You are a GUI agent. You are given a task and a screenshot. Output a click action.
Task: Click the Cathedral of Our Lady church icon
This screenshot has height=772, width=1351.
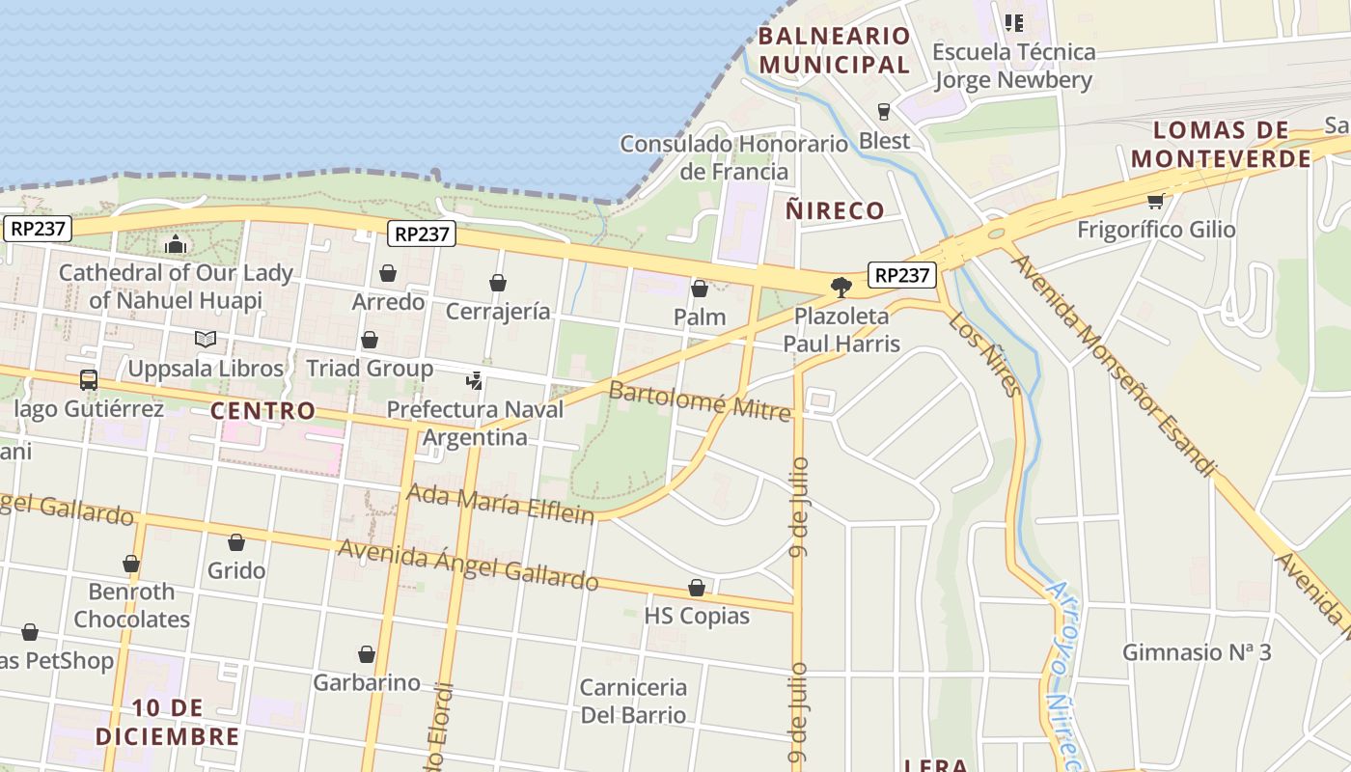click(175, 245)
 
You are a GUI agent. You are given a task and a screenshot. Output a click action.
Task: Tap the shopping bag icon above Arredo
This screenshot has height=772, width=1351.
click(388, 274)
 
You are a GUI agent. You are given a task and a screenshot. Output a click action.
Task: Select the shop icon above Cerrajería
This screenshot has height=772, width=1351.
click(498, 283)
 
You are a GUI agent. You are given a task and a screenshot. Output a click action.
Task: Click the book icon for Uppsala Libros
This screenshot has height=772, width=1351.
click(205, 340)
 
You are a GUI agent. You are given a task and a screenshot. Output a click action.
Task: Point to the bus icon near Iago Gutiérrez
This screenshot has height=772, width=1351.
click(89, 380)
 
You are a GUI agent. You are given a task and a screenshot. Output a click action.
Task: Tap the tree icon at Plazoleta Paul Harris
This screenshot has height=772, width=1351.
click(841, 287)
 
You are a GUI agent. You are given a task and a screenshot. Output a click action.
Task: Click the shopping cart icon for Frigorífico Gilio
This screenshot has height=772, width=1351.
click(1155, 201)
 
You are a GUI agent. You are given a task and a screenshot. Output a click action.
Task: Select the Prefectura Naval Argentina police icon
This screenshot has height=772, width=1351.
click(474, 381)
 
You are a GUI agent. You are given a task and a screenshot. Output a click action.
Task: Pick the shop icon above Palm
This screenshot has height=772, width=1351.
click(700, 289)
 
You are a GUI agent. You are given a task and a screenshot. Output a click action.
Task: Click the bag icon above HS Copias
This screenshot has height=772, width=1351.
click(697, 588)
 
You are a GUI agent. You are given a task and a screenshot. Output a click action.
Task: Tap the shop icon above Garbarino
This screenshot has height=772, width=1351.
click(367, 654)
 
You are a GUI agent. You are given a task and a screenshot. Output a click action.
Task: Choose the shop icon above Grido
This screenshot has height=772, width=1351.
click(236, 542)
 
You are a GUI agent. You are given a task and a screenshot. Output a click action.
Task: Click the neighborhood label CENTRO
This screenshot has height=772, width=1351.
click(263, 410)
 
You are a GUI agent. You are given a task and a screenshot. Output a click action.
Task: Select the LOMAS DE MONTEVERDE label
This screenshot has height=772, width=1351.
click(1222, 145)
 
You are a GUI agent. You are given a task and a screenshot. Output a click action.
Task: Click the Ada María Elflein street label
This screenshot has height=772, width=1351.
click(500, 503)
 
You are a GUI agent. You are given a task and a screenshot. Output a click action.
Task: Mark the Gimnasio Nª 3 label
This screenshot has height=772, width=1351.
click(1197, 652)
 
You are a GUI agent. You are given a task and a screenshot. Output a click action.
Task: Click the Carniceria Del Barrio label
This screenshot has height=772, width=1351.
click(633, 702)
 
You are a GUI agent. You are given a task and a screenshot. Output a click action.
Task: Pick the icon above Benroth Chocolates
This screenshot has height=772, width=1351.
click(131, 564)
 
